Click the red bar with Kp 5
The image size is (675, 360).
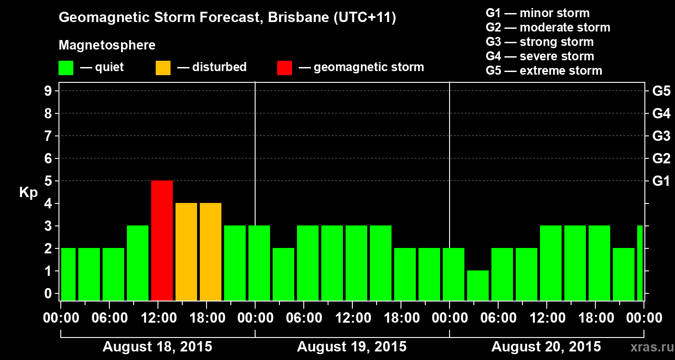click(x=162, y=240)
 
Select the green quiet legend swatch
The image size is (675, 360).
click(x=66, y=67)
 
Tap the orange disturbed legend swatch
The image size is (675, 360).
click(x=163, y=67)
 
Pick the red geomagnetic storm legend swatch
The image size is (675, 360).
click(x=284, y=67)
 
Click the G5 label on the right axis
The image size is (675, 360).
click(x=661, y=91)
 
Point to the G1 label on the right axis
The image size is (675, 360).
click(x=661, y=181)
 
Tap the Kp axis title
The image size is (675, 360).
click(x=28, y=192)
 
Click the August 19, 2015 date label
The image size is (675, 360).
click(x=352, y=347)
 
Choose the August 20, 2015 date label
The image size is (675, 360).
click(x=546, y=347)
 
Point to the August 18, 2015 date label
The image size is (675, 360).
click(x=157, y=347)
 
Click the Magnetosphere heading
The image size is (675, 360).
click(x=107, y=45)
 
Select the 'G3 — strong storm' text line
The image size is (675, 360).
click(x=540, y=42)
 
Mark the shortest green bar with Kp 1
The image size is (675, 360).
click(x=478, y=285)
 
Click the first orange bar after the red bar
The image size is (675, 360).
click(x=186, y=252)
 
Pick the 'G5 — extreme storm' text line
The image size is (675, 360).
click(x=544, y=71)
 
